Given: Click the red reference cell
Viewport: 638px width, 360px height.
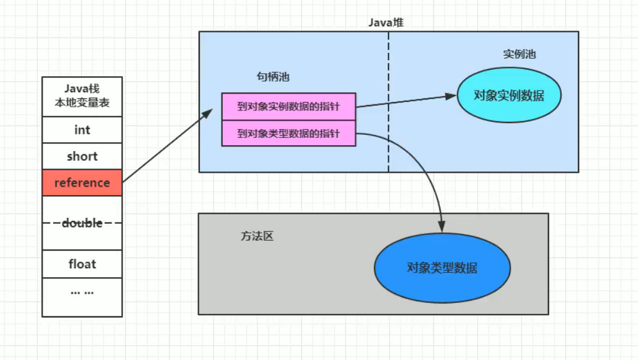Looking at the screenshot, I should click(x=82, y=182).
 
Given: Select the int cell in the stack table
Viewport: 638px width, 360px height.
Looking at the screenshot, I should click(x=82, y=130).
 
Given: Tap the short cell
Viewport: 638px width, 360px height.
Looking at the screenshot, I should click(x=82, y=156).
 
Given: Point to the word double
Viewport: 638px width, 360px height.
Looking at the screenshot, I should click(x=82, y=223).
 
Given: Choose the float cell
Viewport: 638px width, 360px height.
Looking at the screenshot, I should click(x=82, y=264).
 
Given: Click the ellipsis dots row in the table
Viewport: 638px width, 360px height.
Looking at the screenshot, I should click(x=82, y=292).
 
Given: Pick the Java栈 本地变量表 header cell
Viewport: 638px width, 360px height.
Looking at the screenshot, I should click(x=82, y=97).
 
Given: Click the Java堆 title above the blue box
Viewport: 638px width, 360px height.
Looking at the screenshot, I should click(x=386, y=22).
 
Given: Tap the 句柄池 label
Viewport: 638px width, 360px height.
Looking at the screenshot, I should click(x=273, y=77).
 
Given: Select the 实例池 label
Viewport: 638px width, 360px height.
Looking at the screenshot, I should click(x=519, y=54).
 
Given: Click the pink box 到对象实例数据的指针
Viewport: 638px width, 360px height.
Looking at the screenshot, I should click(x=289, y=107).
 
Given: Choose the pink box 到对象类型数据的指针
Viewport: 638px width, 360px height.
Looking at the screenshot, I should click(x=289, y=133).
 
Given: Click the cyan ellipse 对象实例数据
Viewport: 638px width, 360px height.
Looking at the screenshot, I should click(x=509, y=95).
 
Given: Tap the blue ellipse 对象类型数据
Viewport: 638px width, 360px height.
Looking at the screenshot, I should click(x=442, y=268).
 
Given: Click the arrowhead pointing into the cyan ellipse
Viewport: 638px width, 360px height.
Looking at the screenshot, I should click(x=451, y=96).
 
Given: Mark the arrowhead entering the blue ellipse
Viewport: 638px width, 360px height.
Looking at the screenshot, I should click(x=442, y=227).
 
